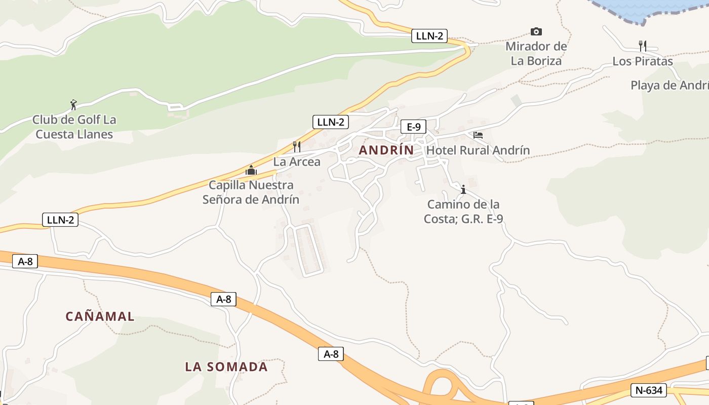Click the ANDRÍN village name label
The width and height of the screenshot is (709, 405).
[386, 150]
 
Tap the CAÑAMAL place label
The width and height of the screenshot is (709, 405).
[100, 317]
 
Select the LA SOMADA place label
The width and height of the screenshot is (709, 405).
[226, 367]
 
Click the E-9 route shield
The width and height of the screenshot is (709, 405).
[413, 127]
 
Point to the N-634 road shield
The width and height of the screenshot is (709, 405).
[649, 390]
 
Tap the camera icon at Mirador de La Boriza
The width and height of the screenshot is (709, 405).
[536, 32]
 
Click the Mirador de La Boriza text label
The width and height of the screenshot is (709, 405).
[536, 54]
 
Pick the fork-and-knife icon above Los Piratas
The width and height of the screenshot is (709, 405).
[642, 46]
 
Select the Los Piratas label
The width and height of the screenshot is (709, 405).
[643, 62]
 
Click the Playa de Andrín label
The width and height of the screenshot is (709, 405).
[669, 86]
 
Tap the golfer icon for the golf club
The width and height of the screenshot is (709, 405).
[74, 105]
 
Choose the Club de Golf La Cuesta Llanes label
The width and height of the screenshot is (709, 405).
[74, 127]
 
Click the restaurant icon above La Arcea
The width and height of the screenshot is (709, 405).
[297, 147]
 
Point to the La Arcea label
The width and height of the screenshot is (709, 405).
[297, 162]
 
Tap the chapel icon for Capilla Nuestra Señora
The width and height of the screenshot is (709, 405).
[251, 170]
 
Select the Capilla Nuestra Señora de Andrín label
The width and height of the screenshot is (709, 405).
[251, 192]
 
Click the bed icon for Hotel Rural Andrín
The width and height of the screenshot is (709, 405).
[478, 135]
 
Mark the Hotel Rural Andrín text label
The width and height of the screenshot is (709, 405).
[478, 150]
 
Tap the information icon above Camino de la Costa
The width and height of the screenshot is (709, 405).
[463, 189]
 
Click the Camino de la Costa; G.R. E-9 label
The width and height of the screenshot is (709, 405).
[463, 212]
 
